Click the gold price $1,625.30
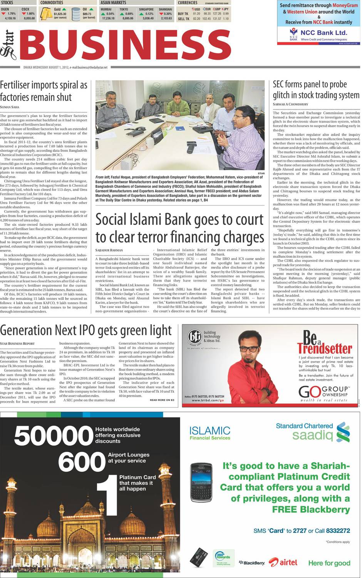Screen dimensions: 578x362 coord(60,14)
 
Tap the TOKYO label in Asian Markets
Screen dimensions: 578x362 coord(124,9)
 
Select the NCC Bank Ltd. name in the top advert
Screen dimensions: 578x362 coord(323,33)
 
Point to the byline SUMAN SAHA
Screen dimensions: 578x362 coord(9,107)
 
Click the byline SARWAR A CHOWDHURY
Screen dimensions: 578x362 coord(290,104)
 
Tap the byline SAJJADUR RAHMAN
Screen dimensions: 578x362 coord(109,250)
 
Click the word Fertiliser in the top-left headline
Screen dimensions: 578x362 coord(20,85)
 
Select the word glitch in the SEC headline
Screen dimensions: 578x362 coord(283,95)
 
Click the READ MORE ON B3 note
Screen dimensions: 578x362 coord(162,400)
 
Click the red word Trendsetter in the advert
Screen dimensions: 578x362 coord(325,348)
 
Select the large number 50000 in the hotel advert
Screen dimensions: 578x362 coord(54,436)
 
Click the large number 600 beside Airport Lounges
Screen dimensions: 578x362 coord(82,461)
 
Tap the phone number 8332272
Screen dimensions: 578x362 coord(338,531)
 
